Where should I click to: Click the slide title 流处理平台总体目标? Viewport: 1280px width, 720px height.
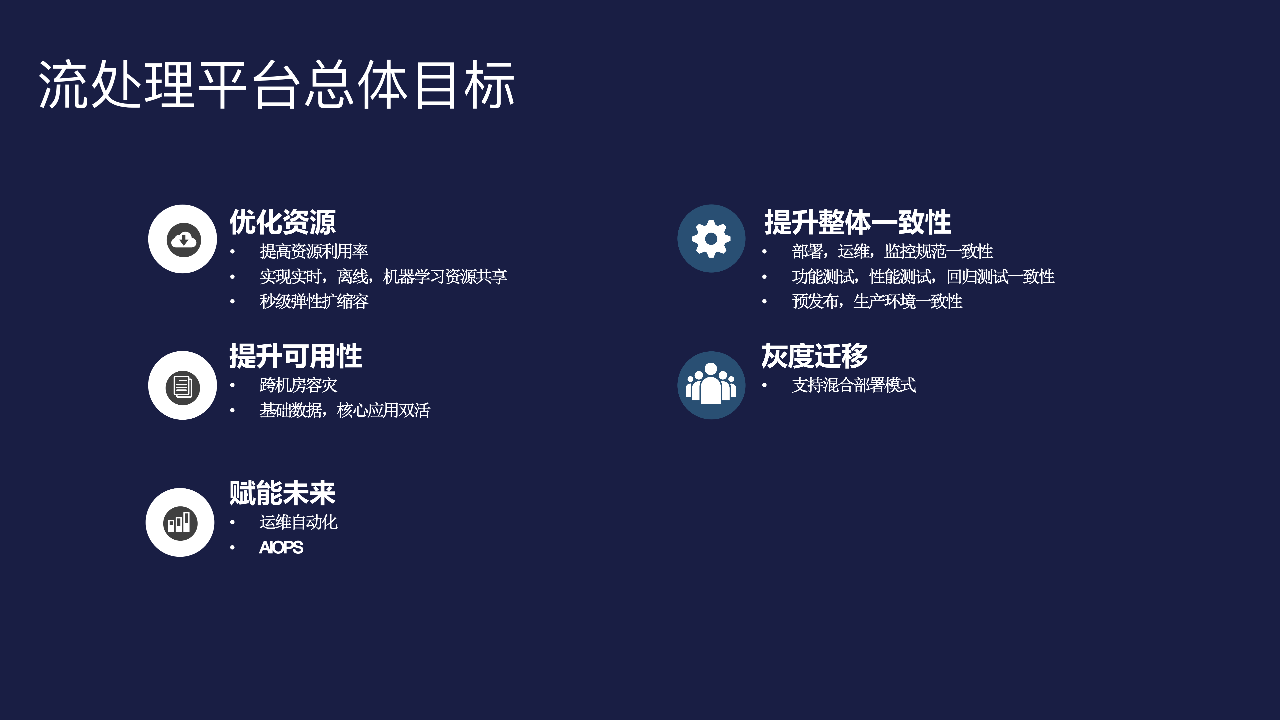[x=276, y=85]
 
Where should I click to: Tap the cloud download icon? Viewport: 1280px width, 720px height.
[x=183, y=240]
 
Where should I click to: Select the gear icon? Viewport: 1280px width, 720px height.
[x=711, y=239]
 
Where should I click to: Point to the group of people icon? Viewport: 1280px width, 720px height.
[x=711, y=385]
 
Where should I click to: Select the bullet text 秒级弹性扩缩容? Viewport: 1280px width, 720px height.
[x=314, y=301]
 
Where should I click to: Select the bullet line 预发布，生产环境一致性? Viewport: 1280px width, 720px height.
[x=876, y=301]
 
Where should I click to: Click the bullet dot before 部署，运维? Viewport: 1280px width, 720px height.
[x=764, y=252]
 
